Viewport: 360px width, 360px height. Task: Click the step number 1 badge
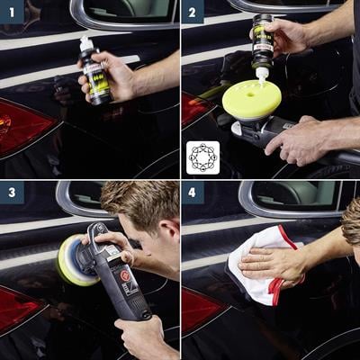(x=12, y=12)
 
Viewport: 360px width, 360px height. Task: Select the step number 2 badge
(x=193, y=12)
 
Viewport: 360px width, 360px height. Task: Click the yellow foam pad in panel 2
(x=251, y=100)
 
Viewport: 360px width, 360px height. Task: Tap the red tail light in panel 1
(x=22, y=126)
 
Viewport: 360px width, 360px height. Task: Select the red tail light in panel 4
(x=199, y=310)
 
